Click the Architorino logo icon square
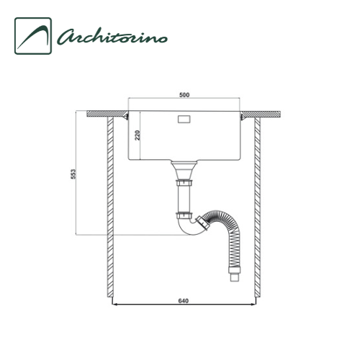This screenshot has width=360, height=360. [33, 36]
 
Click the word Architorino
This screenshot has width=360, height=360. [112, 37]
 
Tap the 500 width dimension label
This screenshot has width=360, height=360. [184, 95]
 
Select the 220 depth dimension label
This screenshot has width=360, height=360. [137, 135]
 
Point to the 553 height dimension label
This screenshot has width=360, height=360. [73, 174]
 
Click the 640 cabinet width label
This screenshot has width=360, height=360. [184, 301]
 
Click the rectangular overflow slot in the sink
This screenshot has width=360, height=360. [184, 119]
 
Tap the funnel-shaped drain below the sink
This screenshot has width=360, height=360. [184, 170]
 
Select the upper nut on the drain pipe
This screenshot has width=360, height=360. [184, 183]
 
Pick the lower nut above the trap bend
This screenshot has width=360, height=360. [184, 215]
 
